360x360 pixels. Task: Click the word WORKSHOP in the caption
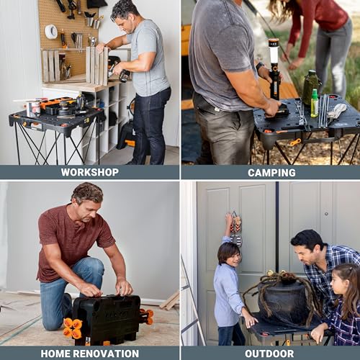click(x=89, y=172)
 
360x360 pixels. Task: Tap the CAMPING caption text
click(x=271, y=172)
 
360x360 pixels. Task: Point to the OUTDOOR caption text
click(x=271, y=353)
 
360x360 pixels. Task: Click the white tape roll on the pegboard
click(x=51, y=31)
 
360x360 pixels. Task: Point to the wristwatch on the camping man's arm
click(x=260, y=66)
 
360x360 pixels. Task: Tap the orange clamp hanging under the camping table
click(x=294, y=142)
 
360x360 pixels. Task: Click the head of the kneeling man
click(x=87, y=197)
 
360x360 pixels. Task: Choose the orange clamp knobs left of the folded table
click(x=72, y=328)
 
